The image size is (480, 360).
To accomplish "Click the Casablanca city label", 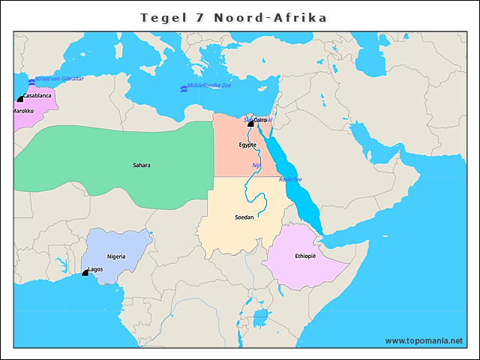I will click(37, 96).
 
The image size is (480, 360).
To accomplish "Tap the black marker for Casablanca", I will click(20, 98).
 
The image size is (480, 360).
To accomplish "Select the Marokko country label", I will click(22, 111).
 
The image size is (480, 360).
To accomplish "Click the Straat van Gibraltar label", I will click(59, 79).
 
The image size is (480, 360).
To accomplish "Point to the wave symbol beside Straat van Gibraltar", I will click(31, 81).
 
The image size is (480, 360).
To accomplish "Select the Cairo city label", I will click(261, 120).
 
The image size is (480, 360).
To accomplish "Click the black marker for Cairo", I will click(250, 123).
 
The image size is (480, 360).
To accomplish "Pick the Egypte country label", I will click(247, 145).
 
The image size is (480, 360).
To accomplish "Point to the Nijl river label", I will click(256, 165).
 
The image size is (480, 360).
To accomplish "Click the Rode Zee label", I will click(289, 179).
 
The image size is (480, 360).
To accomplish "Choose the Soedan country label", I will click(244, 217).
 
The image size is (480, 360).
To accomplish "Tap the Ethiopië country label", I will click(305, 256).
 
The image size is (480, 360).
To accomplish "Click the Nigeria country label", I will click(116, 256).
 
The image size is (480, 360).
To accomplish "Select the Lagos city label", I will click(95, 269).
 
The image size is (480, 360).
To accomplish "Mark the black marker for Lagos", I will click(85, 273).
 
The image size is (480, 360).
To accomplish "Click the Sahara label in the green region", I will click(141, 165).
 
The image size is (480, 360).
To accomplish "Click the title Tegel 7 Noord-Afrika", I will click(234, 17).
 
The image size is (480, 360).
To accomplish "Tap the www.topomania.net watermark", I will click(424, 340).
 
